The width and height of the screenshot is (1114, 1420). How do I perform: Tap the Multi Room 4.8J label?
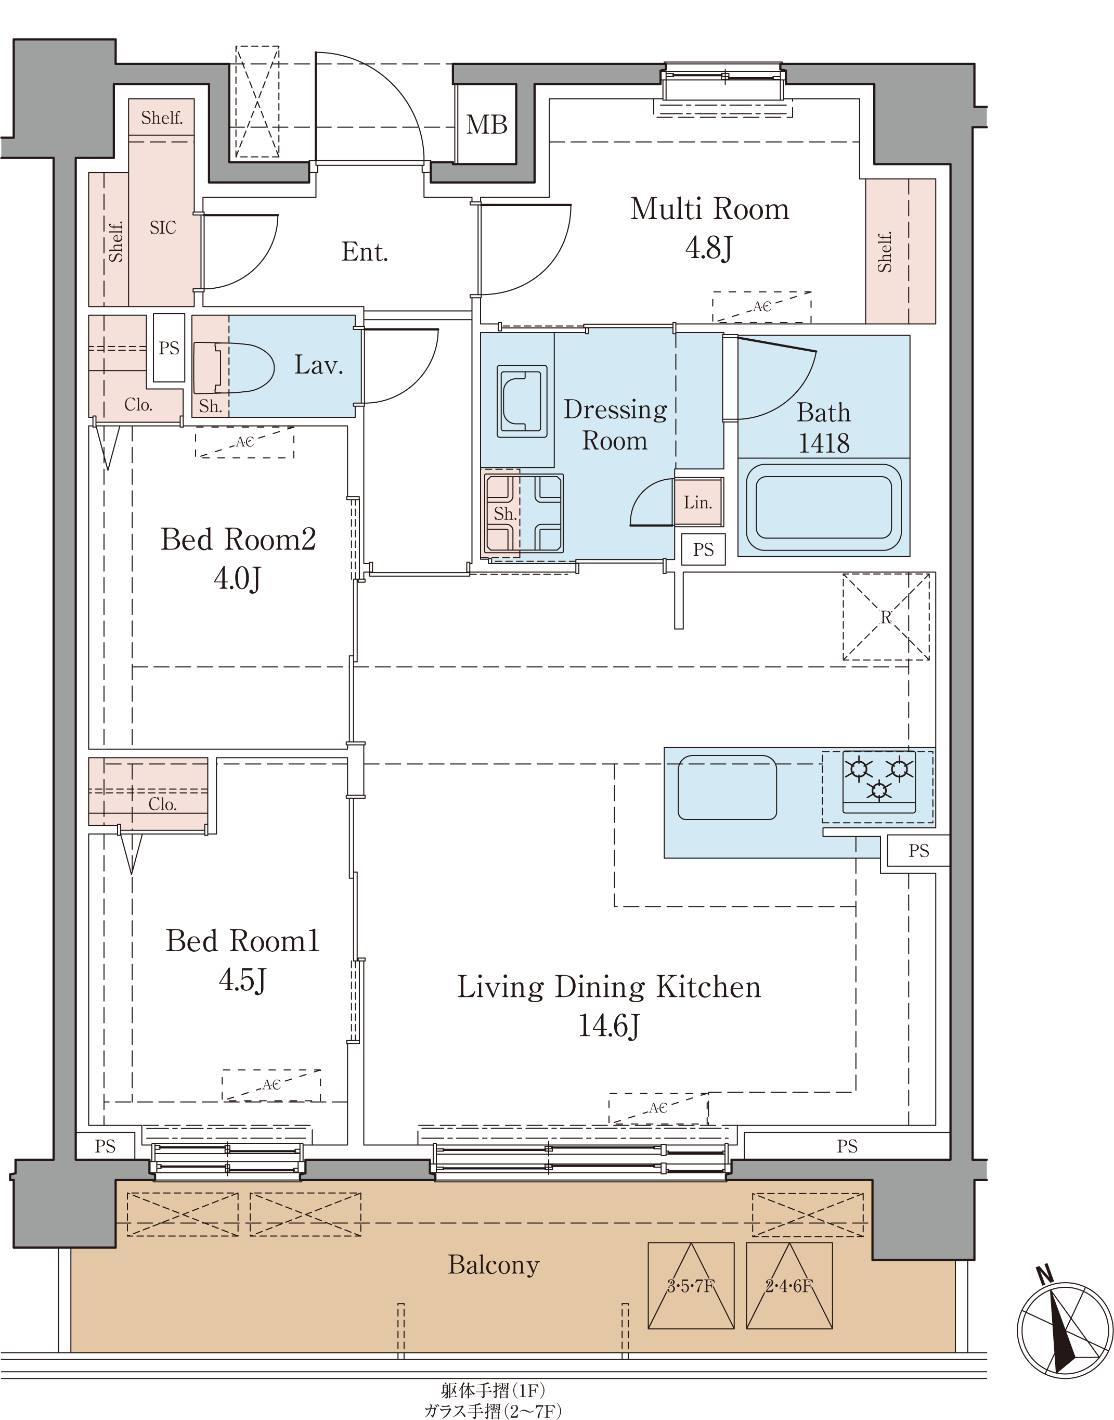coord(709,228)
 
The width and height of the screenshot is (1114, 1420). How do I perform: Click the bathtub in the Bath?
coord(823,506)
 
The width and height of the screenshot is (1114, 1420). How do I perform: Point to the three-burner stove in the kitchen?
coord(878,781)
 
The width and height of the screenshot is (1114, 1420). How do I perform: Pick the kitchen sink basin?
coord(727,787)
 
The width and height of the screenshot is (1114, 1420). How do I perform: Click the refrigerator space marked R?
coord(886,617)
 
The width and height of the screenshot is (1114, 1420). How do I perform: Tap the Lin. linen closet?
coord(698,502)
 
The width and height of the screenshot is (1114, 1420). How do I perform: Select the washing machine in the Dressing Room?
coord(522,401)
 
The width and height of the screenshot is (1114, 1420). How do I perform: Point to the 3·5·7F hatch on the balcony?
coord(691,1286)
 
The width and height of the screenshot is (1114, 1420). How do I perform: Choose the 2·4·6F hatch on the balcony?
coord(789,1286)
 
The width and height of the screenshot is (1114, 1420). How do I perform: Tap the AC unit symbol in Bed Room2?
coord(244,442)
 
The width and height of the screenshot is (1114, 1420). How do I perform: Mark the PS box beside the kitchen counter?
coord(918,850)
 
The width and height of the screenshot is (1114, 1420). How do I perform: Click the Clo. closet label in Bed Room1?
coord(162,804)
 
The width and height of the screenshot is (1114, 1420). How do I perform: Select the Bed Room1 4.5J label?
coord(243,960)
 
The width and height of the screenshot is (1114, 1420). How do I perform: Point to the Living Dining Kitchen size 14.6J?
coord(608,1025)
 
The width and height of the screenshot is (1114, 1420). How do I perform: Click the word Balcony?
coord(494,1265)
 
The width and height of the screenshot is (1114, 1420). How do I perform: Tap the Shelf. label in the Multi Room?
coord(885,252)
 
